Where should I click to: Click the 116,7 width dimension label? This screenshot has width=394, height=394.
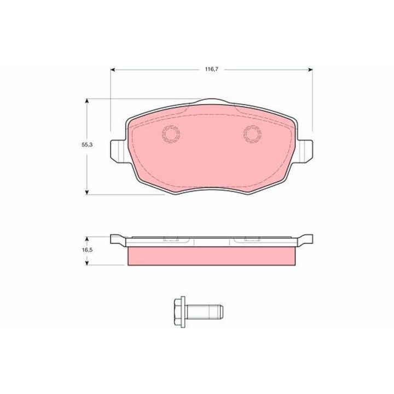pyautogui.click(x=212, y=69)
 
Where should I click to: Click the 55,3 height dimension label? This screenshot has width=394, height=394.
pyautogui.click(x=87, y=144)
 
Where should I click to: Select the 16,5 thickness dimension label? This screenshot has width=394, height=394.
pyautogui.click(x=87, y=250)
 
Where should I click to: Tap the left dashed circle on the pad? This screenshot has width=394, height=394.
pyautogui.click(x=171, y=126)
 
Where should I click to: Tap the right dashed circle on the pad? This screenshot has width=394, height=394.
pyautogui.click(x=252, y=126)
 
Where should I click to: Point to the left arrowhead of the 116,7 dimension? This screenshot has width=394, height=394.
pyautogui.click(x=113, y=69)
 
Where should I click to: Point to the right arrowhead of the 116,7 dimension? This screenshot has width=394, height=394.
pyautogui.click(x=311, y=69)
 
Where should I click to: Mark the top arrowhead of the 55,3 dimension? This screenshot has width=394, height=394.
pyautogui.click(x=87, y=101)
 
